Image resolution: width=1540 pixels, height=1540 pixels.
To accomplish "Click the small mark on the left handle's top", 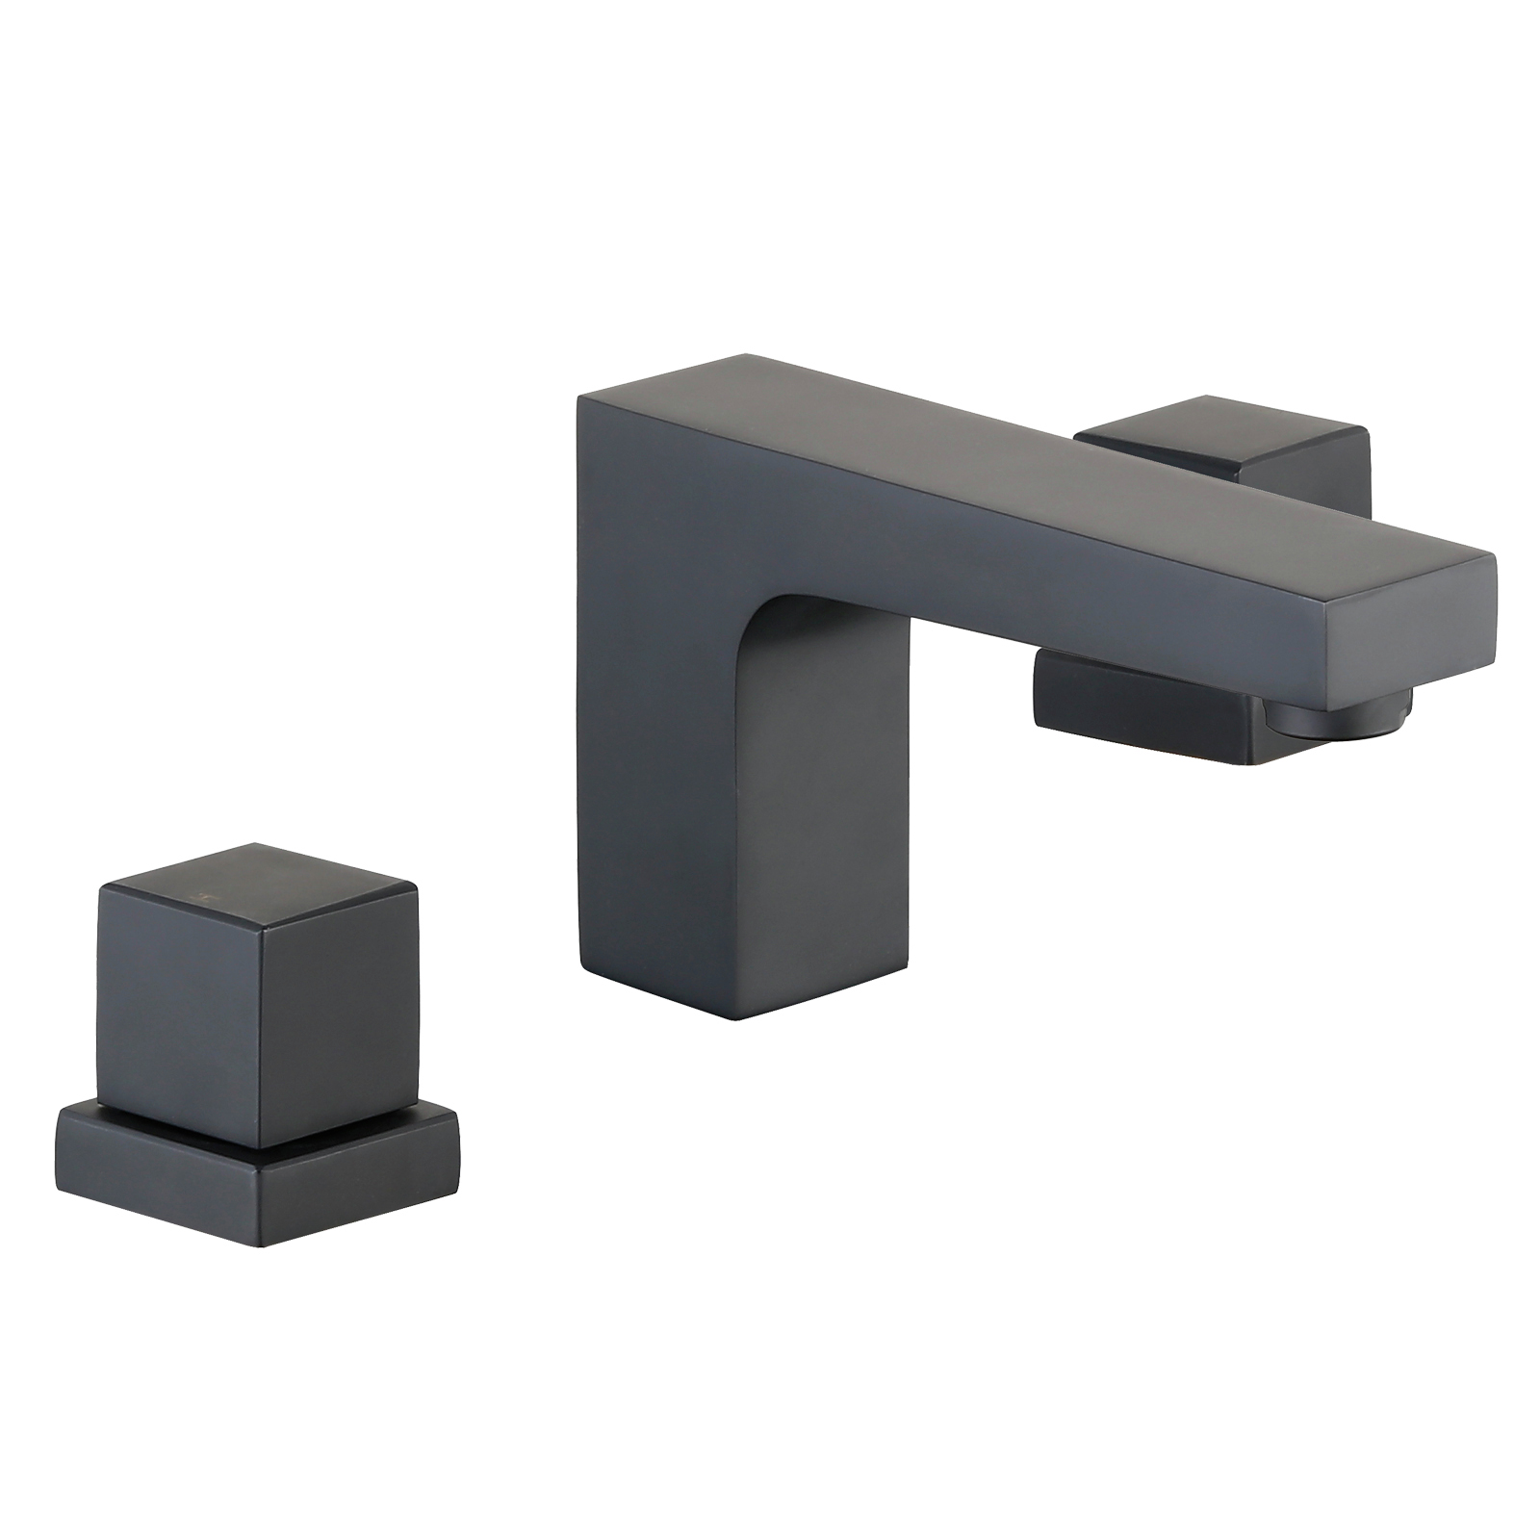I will click(203, 894).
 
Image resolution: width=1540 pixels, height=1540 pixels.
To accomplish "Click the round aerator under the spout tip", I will click(1338, 708).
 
